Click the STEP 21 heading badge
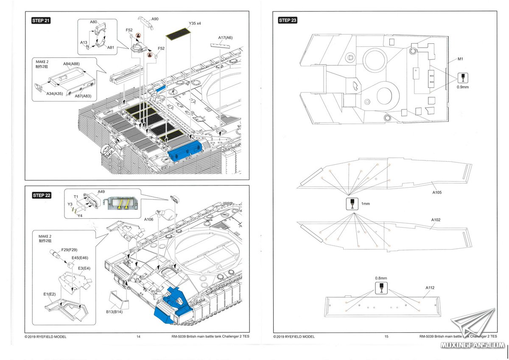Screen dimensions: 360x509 pyautogui.click(x=41, y=21)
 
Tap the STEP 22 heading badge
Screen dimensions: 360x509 pyautogui.click(x=41, y=195)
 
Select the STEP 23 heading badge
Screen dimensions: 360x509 pyautogui.click(x=288, y=20)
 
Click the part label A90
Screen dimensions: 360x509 pyautogui.click(x=155, y=19)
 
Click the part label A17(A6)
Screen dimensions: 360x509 pyautogui.click(x=225, y=37)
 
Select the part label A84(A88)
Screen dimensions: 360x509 pyautogui.click(x=72, y=64)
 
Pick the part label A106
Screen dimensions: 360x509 pyautogui.click(x=149, y=219)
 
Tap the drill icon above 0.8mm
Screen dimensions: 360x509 pyautogui.click(x=381, y=287)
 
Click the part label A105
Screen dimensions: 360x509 pyautogui.click(x=437, y=192)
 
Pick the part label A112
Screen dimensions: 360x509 pyautogui.click(x=430, y=287)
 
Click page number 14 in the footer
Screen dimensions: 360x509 pyautogui.click(x=138, y=337)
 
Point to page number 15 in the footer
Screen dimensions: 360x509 pyautogui.click(x=386, y=337)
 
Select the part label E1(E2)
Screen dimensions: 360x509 pyautogui.click(x=50, y=294)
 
